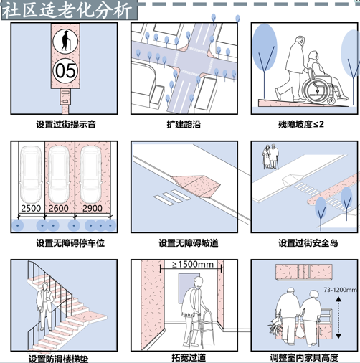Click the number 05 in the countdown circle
(x=65, y=71)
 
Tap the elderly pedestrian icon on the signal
(x=65, y=41)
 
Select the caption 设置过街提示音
(x=66, y=124)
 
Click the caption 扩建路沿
(x=184, y=124)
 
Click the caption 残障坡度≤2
(x=301, y=124)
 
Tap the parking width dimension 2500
(x=31, y=208)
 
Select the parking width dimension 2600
(x=59, y=208)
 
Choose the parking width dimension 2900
(x=93, y=208)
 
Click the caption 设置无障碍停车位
(x=70, y=243)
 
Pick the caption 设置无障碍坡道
(x=189, y=243)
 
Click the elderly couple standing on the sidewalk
(x=271, y=156)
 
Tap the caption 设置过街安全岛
(x=308, y=243)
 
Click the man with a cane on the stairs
(x=45, y=306)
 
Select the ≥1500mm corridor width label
(x=193, y=265)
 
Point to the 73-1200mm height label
(x=341, y=290)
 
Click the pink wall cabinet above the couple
(x=303, y=271)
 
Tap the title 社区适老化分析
(x=67, y=10)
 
